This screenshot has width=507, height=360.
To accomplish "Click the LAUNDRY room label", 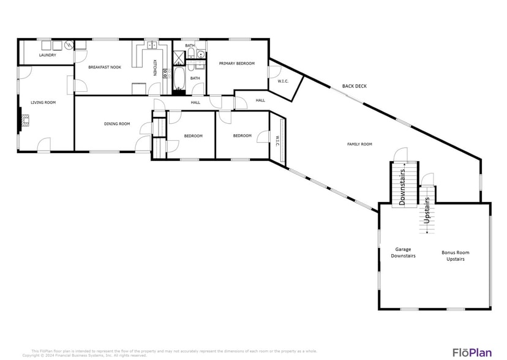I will [48, 55].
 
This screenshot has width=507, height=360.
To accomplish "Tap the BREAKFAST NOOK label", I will [105, 67].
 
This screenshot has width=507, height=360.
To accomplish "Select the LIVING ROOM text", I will [43, 102].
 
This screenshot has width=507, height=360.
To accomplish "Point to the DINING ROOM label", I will [116, 124].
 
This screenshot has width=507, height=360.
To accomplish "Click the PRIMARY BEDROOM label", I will [236, 63].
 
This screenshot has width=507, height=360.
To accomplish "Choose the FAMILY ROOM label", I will [359, 144].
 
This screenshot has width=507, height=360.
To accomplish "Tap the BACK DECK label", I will [354, 86].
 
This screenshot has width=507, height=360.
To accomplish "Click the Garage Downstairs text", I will [403, 252].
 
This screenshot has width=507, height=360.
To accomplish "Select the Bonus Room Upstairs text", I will [456, 255].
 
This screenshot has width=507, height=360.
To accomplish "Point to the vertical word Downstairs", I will [403, 187].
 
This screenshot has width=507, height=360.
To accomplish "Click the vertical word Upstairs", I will [427, 208].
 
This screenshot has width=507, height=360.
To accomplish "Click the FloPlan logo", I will [471, 352].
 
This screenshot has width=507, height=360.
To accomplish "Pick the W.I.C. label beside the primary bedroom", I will [283, 81].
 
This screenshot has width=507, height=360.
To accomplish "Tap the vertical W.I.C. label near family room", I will [277, 141].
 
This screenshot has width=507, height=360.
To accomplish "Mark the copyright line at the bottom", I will [85, 355].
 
